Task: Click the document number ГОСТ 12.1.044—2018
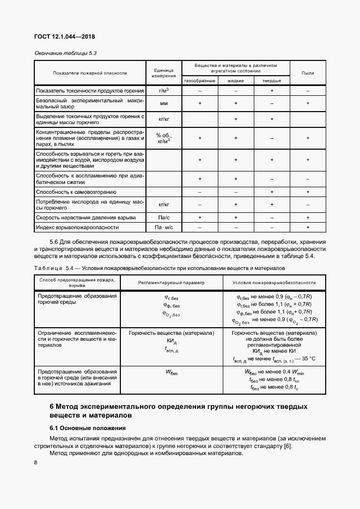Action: [65, 37]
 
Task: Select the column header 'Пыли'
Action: [308, 72]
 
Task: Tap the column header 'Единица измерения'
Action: [163, 72]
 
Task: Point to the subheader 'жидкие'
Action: [236, 80]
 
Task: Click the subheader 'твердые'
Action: [272, 80]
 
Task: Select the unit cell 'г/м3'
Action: [163, 90]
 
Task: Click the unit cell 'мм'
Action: [163, 103]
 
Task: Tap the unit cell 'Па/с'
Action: [163, 217]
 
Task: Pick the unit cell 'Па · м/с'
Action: [163, 227]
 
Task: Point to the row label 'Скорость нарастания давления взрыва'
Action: [86, 217]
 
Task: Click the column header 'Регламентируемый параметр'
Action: [170, 283]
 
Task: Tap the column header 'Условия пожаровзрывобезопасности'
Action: [274, 283]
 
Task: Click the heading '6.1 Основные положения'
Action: [88, 428]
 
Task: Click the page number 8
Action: [36, 463]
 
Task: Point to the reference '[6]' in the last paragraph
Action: [288, 447]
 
